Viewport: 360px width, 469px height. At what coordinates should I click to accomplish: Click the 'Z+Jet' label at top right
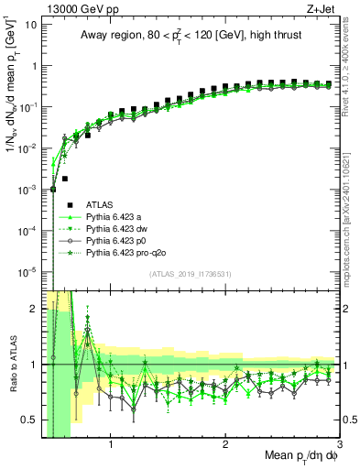(x=323, y=8)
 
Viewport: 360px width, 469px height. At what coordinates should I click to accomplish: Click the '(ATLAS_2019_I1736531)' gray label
(x=191, y=274)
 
